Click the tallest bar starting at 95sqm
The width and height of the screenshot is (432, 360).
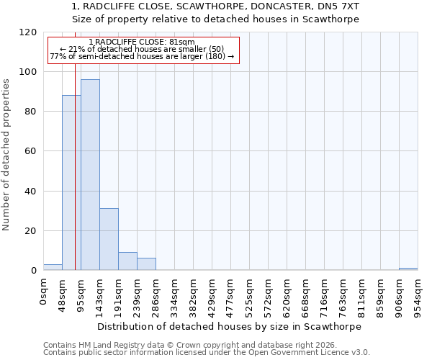pyautogui.click(x=90, y=175)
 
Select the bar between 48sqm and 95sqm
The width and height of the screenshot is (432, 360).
pyautogui.click(x=71, y=183)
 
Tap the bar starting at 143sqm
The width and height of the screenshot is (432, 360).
pyautogui.click(x=109, y=239)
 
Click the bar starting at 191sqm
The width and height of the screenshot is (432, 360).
pyautogui.click(x=127, y=261)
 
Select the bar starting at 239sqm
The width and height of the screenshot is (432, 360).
pyautogui.click(x=146, y=264)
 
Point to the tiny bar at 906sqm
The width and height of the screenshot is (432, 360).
pyautogui.click(x=408, y=269)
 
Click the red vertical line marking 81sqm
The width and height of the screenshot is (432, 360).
pyautogui.click(x=75, y=180)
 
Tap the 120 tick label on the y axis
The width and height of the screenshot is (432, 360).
pyautogui.click(x=27, y=32)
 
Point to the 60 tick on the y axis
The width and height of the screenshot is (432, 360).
pyautogui.click(x=30, y=151)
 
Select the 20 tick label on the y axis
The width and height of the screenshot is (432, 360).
pyautogui.click(x=30, y=231)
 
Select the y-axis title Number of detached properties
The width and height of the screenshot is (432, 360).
pyautogui.click(x=6, y=155)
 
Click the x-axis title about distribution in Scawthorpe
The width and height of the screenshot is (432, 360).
pyautogui.click(x=230, y=326)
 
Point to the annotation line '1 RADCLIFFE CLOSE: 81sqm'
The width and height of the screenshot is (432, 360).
pyautogui.click(x=142, y=42)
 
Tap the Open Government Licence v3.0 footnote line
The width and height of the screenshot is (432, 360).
pyautogui.click(x=207, y=353)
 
